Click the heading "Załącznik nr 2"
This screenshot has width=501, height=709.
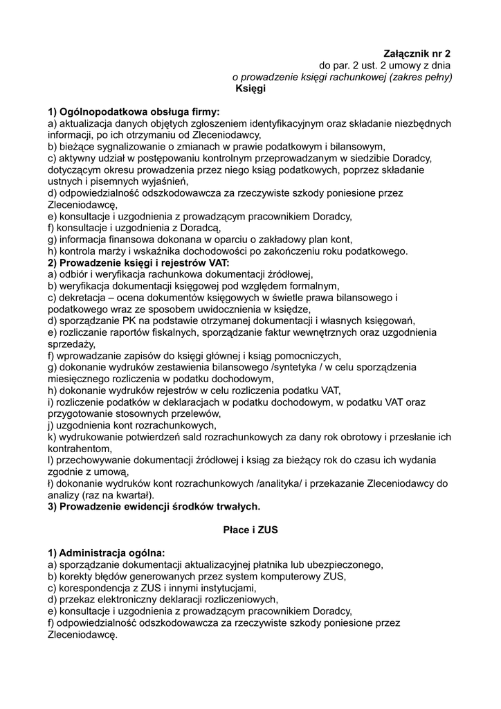(417, 53)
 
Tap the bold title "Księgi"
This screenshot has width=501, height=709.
(250, 89)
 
